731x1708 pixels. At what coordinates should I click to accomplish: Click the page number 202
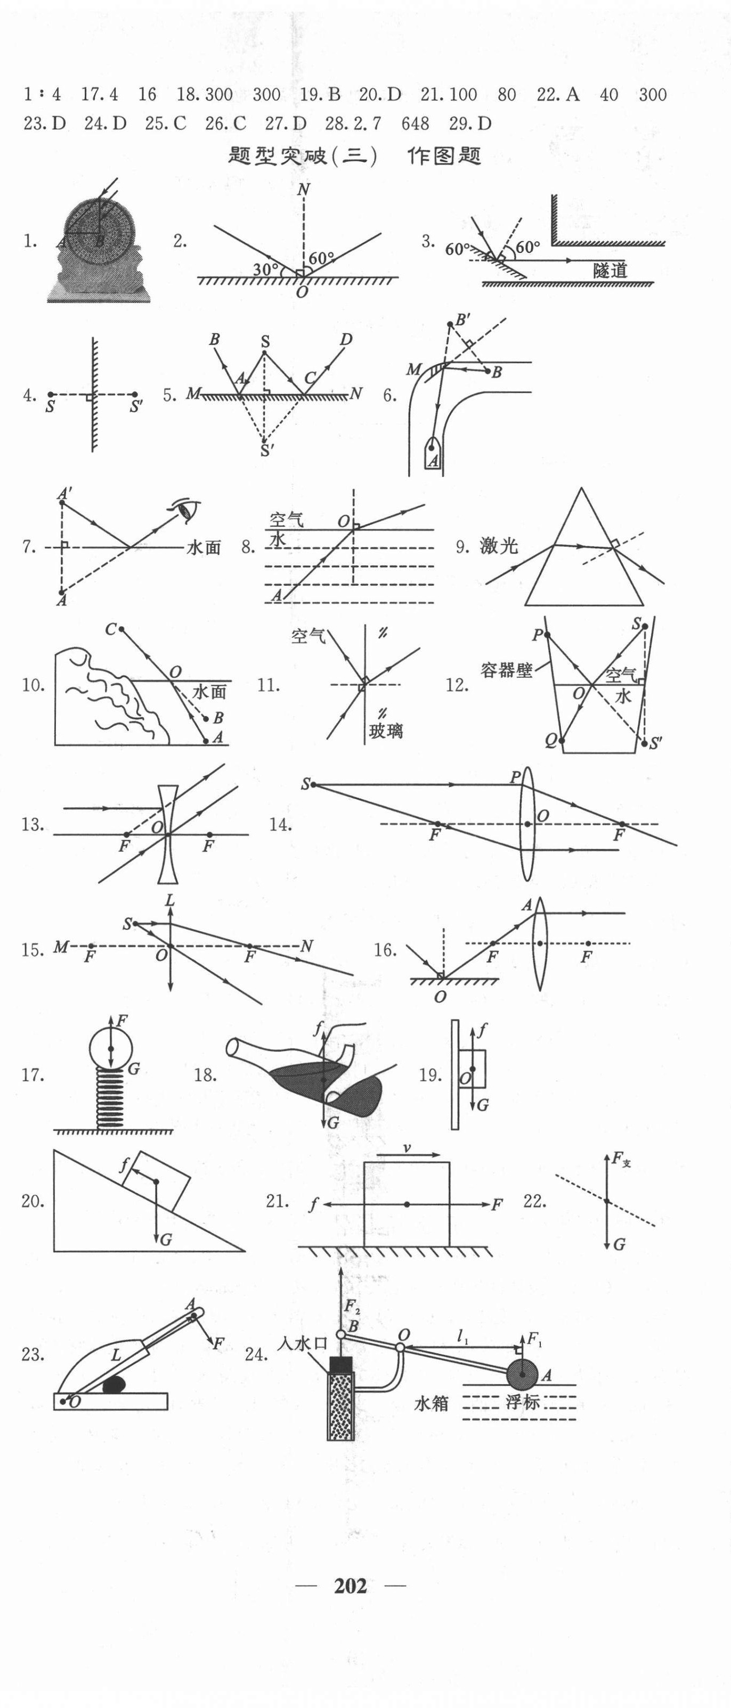(x=350, y=1586)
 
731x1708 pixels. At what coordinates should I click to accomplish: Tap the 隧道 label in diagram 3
(x=610, y=270)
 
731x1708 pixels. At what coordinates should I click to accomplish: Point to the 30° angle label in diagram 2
(x=265, y=269)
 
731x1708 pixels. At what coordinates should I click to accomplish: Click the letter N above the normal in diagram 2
(x=303, y=190)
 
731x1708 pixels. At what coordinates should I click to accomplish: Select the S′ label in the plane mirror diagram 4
(x=136, y=406)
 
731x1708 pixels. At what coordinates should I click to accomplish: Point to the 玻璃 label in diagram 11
(x=385, y=732)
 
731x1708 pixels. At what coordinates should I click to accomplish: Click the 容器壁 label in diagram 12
(x=507, y=670)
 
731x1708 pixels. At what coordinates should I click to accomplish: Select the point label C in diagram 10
(x=111, y=629)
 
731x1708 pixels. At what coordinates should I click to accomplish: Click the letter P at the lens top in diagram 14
(x=515, y=778)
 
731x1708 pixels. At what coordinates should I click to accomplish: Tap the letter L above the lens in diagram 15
(x=170, y=900)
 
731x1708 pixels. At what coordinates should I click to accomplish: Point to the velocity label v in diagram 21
(x=407, y=1148)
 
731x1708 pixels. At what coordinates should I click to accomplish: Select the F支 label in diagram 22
(x=620, y=1159)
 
